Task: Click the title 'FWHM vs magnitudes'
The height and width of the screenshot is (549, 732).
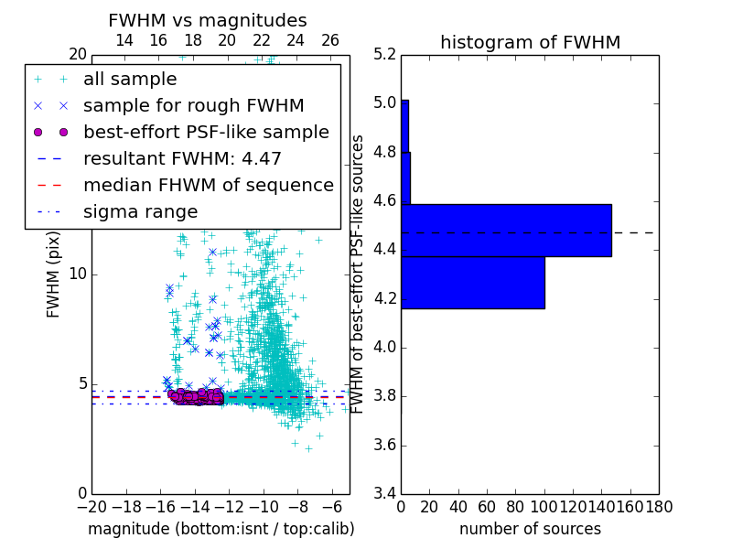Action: (x=208, y=20)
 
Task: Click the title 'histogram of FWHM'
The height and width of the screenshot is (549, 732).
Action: (x=530, y=42)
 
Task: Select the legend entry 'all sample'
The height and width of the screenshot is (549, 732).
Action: (x=130, y=80)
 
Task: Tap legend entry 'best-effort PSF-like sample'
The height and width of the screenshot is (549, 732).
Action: (x=206, y=133)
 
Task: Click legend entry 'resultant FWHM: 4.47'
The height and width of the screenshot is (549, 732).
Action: (x=182, y=159)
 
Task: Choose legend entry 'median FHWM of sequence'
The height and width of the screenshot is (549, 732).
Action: (x=208, y=186)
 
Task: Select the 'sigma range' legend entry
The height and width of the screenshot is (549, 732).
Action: (x=140, y=212)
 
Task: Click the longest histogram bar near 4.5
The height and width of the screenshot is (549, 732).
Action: (x=506, y=231)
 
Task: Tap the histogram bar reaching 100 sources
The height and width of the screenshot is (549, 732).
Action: (x=473, y=283)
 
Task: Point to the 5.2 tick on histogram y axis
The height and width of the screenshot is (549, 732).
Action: (x=384, y=54)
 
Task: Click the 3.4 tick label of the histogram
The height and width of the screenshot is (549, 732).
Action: (x=384, y=494)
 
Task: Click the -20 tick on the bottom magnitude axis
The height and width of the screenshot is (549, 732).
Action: (x=91, y=507)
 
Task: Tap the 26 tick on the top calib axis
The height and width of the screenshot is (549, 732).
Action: (x=330, y=40)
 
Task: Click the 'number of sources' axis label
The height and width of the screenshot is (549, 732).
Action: (x=530, y=529)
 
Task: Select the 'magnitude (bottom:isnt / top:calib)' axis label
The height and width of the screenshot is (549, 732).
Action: (x=221, y=529)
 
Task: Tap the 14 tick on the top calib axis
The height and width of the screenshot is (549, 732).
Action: (x=124, y=40)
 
